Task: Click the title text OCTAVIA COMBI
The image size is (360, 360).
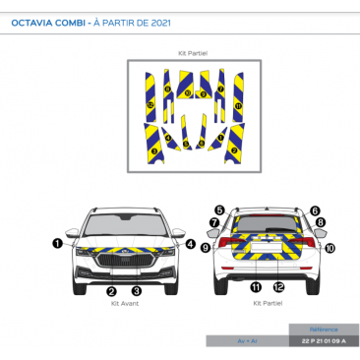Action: pyautogui.click(x=50, y=20)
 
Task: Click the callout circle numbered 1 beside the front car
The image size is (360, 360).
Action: pyautogui.click(x=58, y=242)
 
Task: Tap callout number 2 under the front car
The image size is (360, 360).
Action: pyautogui.click(x=111, y=291)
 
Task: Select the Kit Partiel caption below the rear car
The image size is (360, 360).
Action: pyautogui.click(x=268, y=305)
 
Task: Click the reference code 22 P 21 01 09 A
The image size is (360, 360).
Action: pyautogui.click(x=324, y=340)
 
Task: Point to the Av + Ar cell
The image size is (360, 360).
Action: pyautogui.click(x=247, y=340)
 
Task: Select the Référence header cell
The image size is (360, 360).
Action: pyautogui.click(x=324, y=329)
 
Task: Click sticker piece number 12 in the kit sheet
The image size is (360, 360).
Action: pyautogui.click(x=150, y=103)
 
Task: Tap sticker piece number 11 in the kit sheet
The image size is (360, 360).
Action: pyautogui.click(x=238, y=105)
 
